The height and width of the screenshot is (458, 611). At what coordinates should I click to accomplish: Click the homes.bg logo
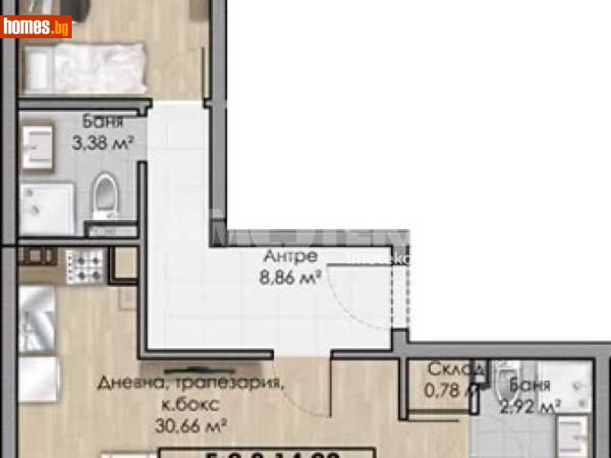pyautogui.click(x=36, y=27)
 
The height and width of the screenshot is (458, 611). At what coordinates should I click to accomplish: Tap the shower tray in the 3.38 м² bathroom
pyautogui.click(x=46, y=208)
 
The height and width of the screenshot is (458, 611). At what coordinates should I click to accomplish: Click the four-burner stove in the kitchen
pyautogui.click(x=84, y=266)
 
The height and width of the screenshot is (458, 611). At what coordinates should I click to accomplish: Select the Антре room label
pyautogui.click(x=290, y=256)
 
